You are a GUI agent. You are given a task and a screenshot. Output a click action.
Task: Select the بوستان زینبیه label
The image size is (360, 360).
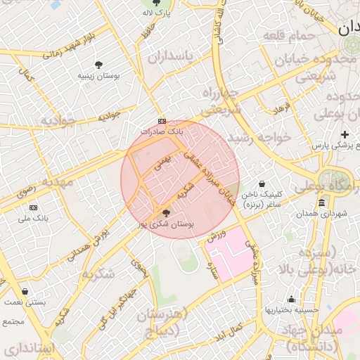pos(99,75)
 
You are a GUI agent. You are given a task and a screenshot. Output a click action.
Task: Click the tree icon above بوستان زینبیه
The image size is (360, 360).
pos(99,64)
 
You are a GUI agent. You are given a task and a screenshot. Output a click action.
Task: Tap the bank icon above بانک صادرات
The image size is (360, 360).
pos(162,120)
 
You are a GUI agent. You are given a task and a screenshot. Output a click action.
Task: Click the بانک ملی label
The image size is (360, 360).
pos(34,219)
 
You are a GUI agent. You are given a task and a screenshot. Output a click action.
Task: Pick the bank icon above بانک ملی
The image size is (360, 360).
pos(34,208)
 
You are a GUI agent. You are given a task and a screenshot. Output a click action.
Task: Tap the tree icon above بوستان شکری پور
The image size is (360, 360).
pos(167,213)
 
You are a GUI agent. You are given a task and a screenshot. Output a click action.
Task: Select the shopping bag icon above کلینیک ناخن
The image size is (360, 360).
pos(262,184)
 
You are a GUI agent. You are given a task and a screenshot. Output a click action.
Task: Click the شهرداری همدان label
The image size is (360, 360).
pos(321,214)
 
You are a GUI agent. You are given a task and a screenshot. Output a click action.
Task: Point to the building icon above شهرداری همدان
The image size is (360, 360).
pos(321,203)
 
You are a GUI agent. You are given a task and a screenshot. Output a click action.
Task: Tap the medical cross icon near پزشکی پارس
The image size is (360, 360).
pos(345,134)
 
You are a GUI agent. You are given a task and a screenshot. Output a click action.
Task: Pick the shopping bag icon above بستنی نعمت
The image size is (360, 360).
pos(25,291)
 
